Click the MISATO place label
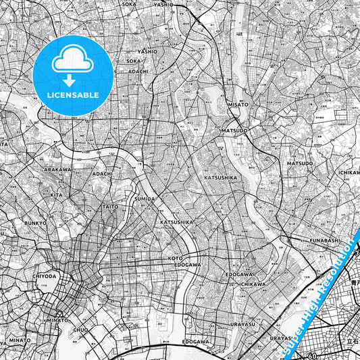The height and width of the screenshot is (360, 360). click(238, 105)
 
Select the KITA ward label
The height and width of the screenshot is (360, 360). click(56, 195)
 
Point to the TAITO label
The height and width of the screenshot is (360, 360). click(109, 207)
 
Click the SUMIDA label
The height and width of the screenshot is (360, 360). click(146, 199)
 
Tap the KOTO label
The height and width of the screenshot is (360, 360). click(176, 258)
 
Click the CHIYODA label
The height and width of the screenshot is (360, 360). click(45, 276)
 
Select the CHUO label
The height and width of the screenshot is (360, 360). click(80, 330)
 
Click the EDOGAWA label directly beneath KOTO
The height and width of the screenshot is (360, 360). click(188, 265)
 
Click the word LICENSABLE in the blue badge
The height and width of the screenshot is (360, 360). click(73, 95)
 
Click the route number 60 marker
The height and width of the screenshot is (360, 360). click(312, 355)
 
